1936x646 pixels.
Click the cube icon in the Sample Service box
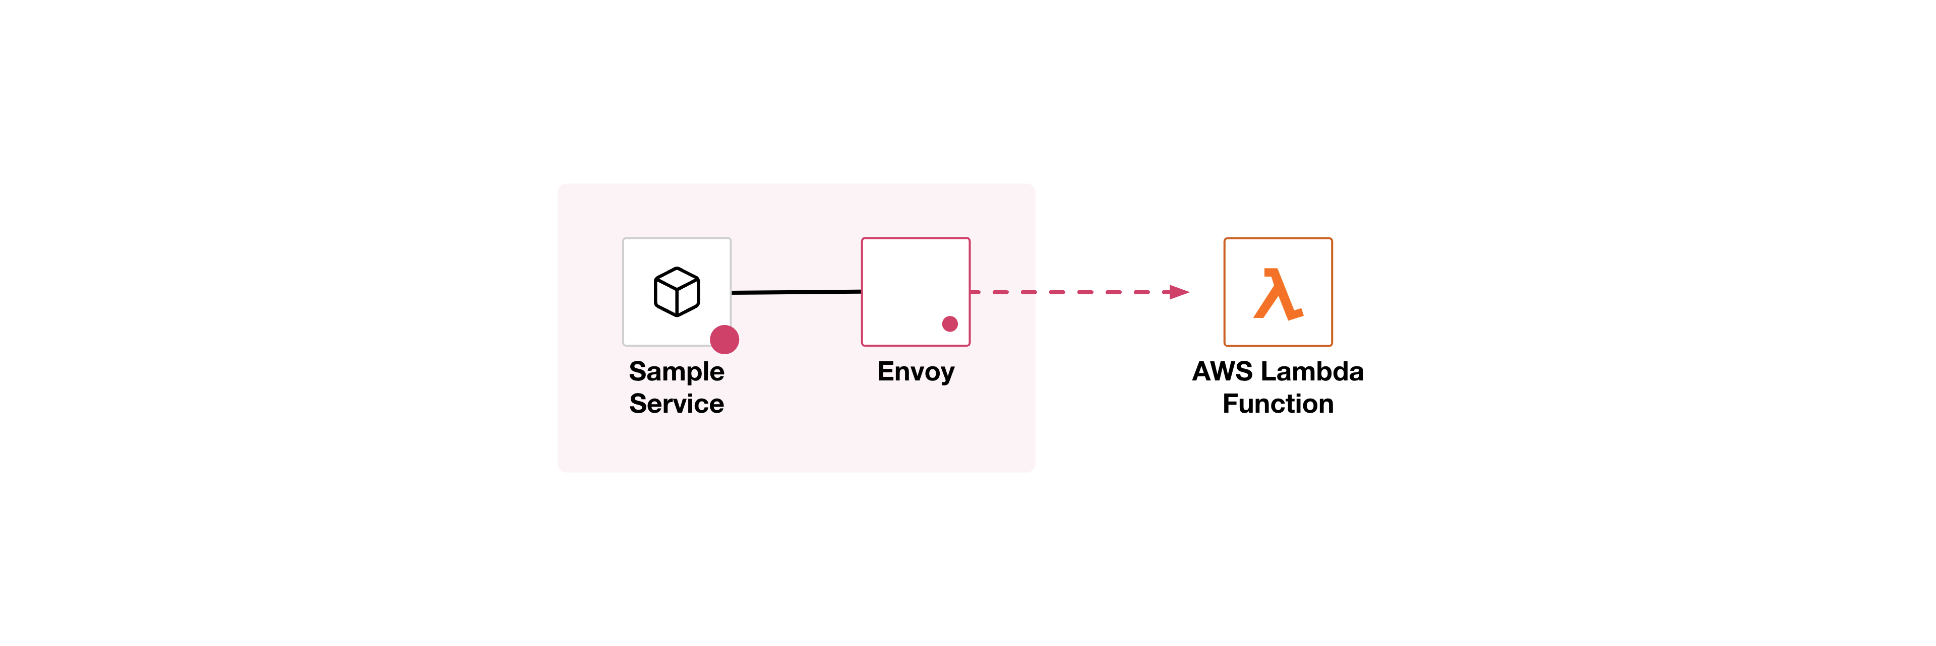pos(677,291)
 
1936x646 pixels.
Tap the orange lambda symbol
pos(1277,294)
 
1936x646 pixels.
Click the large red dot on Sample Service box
pos(724,340)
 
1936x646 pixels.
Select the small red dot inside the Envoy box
pos(949,324)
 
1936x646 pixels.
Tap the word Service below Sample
pos(677,404)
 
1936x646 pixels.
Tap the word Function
pos(1278,404)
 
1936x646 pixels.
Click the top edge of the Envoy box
pos(916,239)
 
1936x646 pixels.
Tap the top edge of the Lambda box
pos(1278,239)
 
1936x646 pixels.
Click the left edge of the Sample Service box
pos(624,291)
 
